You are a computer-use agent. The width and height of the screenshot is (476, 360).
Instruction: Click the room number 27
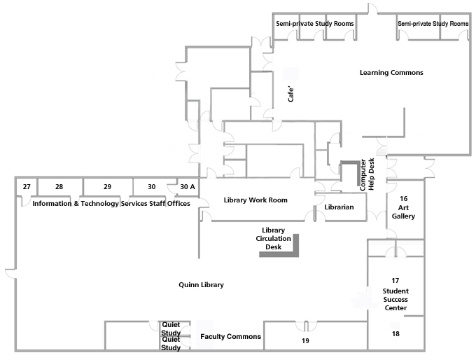coord(26,187)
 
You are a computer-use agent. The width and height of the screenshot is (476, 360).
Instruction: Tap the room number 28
coord(59,187)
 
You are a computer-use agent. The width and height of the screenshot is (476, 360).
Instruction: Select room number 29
coord(107,187)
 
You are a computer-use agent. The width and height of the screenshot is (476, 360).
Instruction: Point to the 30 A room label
coord(188,187)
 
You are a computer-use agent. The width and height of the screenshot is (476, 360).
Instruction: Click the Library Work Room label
coord(255,200)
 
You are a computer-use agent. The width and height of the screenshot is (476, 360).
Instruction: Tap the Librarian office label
coord(339,208)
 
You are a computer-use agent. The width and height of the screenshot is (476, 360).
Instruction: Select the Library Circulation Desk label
coord(272,238)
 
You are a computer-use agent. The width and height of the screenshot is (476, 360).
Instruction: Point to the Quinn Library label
coord(201,285)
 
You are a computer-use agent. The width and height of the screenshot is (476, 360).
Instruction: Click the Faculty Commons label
coord(230,337)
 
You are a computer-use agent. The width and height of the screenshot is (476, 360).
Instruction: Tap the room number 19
coord(305,341)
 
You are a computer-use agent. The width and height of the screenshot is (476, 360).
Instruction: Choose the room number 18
coord(395,334)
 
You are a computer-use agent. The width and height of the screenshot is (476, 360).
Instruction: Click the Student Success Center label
coord(395,299)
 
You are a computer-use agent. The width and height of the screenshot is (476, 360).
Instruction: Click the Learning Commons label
coord(391,73)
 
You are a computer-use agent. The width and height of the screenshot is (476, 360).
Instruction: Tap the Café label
coord(291,93)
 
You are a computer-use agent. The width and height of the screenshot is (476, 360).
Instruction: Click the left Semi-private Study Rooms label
coord(314,24)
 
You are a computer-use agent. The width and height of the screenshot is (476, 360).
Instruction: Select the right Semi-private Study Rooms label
coord(433,24)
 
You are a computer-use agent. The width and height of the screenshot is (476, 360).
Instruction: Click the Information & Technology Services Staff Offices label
coord(111,204)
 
